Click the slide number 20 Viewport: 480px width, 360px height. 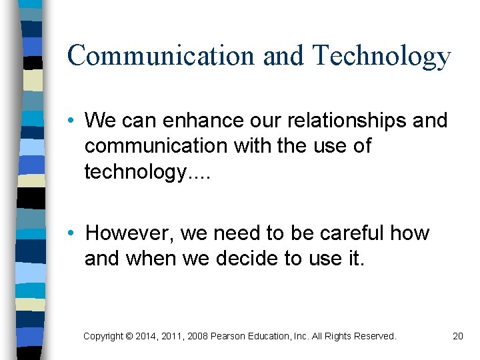[457, 336]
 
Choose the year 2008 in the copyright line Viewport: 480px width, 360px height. [197, 336]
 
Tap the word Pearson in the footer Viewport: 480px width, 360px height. [228, 336]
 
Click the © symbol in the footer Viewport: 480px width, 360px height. [129, 336]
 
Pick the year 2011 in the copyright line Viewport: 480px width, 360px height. [173, 336]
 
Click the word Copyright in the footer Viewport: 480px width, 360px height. [103, 336]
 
